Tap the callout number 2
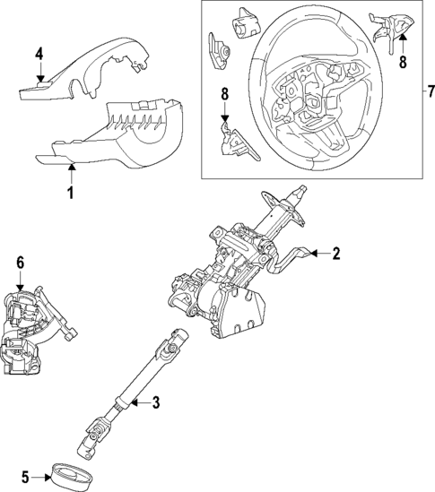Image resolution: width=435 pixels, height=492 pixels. coord(335,255)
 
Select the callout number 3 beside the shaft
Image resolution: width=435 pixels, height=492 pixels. coord(155,403)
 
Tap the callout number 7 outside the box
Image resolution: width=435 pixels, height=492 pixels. coord(429,91)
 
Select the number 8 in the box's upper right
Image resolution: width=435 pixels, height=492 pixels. coord(403,64)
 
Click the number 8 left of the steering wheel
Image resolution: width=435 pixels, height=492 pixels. coord(224,93)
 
